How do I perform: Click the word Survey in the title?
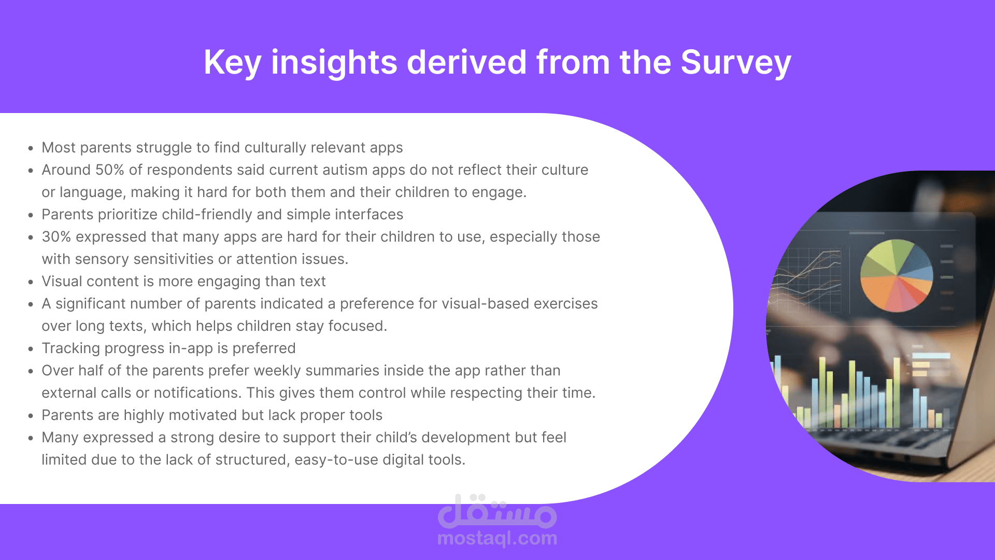tap(735, 63)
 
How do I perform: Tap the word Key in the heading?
tap(232, 63)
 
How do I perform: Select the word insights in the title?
tap(334, 63)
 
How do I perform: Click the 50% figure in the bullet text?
tap(110, 170)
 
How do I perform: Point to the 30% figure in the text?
tap(56, 237)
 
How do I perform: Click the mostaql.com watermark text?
tap(497, 538)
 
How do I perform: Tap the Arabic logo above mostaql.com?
tap(497, 511)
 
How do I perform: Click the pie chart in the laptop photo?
tap(896, 276)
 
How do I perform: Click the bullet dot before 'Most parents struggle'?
tap(31, 148)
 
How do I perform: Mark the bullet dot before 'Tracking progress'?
tap(31, 349)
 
